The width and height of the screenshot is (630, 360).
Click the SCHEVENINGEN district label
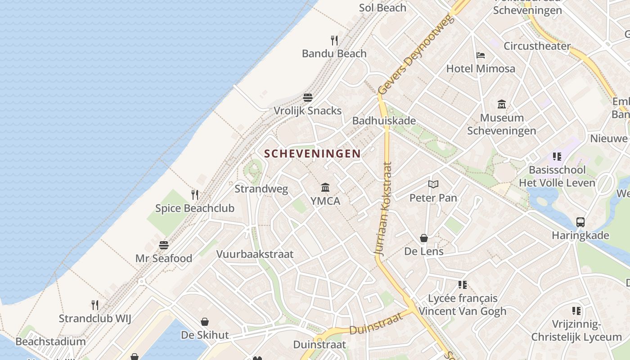[312, 153]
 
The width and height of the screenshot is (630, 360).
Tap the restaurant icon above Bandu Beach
[334, 40]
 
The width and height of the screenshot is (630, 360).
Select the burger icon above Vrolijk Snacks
[308, 98]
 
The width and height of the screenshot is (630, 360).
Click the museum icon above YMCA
[325, 187]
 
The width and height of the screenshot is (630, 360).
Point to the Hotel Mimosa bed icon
[481, 56]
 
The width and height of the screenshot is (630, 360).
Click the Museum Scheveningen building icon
[502, 105]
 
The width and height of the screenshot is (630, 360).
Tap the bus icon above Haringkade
[580, 222]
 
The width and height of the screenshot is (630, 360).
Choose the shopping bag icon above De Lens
[424, 238]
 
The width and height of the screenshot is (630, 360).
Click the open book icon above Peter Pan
[433, 184]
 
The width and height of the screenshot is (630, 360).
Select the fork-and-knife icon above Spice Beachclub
[195, 195]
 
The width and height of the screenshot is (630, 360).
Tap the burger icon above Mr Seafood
[164, 245]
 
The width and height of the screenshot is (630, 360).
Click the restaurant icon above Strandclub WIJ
[95, 305]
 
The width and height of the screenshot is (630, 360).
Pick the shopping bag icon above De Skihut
[205, 322]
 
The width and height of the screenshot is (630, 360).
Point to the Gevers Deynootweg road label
[414, 55]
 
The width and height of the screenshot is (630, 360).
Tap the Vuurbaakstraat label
[255, 254]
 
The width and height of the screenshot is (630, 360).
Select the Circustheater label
[537, 46]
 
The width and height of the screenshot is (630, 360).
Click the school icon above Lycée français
[463, 285]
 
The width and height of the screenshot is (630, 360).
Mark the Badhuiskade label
[384, 121]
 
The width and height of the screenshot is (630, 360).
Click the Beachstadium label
[50, 342]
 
